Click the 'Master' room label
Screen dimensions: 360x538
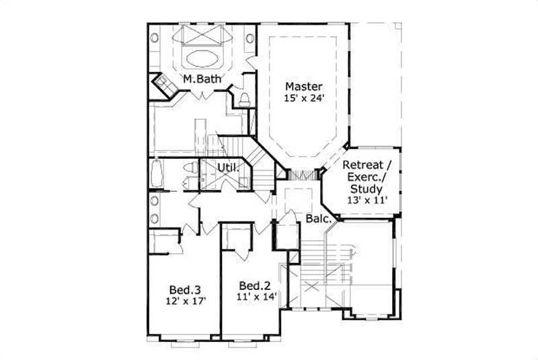[303, 86]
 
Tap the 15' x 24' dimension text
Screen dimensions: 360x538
[303, 98]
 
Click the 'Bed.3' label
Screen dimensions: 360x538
[185, 289]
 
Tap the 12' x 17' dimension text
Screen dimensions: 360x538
[185, 301]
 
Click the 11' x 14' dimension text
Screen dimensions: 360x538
[256, 295]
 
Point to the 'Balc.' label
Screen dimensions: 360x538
[317, 219]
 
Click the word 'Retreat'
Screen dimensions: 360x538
[362, 166]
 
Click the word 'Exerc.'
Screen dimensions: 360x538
[364, 178]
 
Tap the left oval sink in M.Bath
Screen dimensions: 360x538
[155, 38]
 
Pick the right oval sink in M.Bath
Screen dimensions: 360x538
[250, 38]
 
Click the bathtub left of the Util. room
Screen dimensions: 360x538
[157, 175]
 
